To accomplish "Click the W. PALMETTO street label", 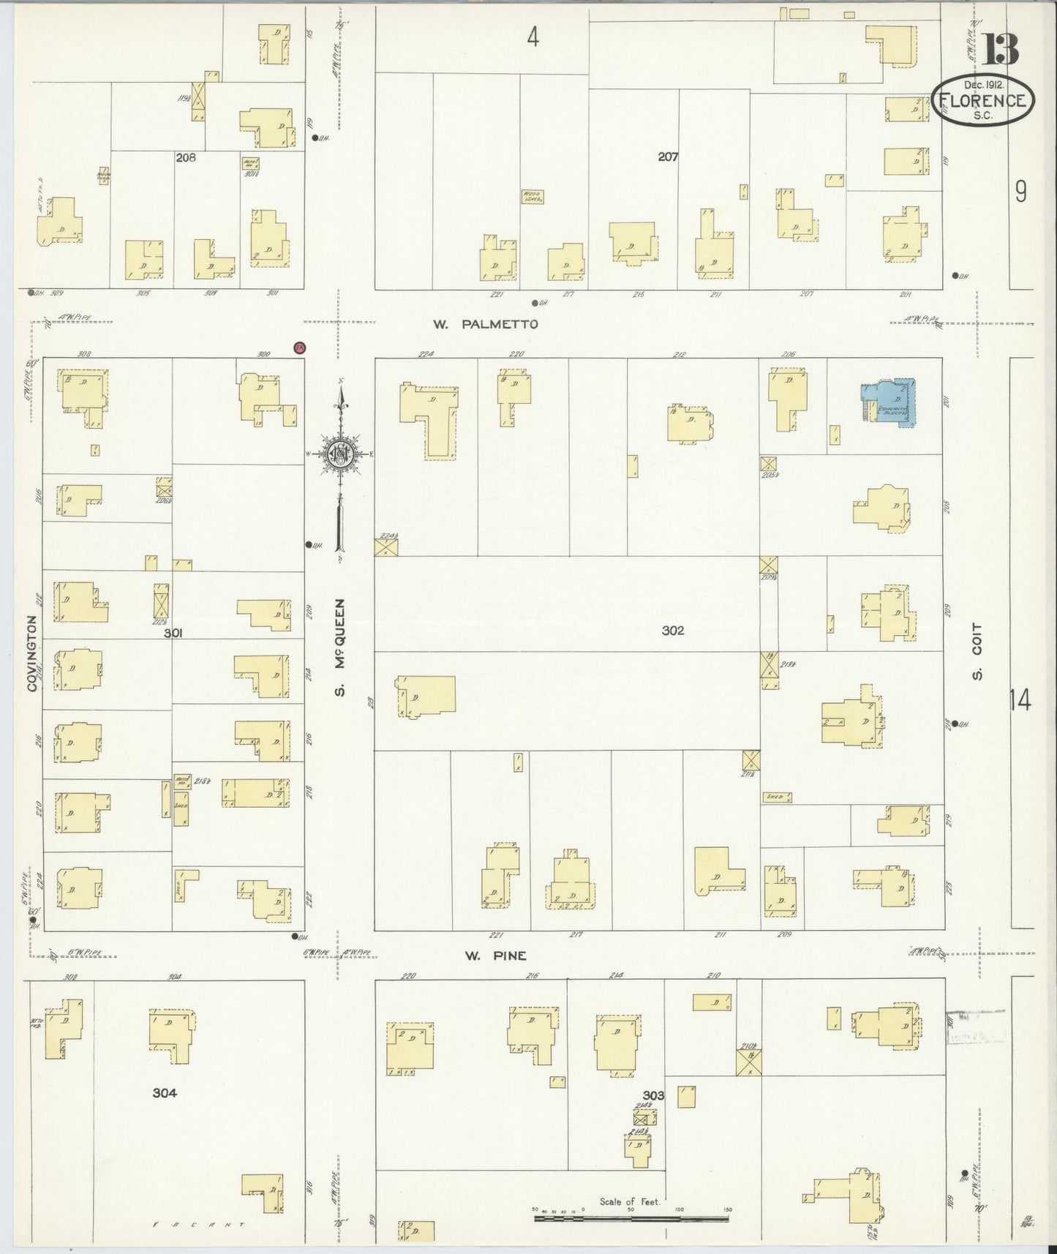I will click(485, 324).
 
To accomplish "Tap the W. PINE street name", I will click(495, 955).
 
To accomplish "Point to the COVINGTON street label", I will click(32, 653).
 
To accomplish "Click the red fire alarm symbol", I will click(298, 348).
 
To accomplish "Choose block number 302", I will click(672, 630).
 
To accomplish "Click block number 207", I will click(668, 156).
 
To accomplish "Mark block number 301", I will click(173, 634).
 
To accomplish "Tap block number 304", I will click(165, 1093).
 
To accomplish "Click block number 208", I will click(186, 157).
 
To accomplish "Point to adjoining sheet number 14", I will click(1020, 700).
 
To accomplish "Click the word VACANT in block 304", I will click(198, 1224).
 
